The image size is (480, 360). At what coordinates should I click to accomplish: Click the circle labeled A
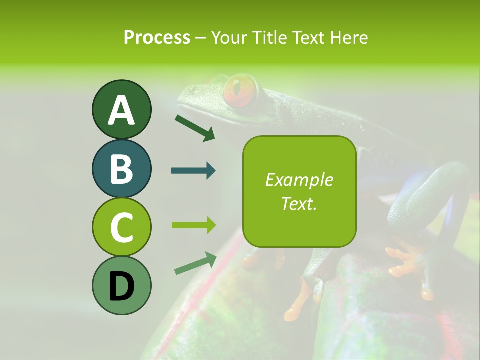coord(121,109)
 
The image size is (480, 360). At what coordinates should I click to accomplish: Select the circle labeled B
coord(121,168)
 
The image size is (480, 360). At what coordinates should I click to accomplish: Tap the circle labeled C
coord(121,227)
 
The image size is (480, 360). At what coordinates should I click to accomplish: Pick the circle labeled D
coord(121,285)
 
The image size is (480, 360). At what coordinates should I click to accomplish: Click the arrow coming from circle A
coord(195,127)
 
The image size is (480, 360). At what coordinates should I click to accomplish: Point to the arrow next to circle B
coord(193,171)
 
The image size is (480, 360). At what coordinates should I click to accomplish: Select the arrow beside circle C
coord(193,225)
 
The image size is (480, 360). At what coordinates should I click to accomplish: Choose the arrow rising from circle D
coord(195,263)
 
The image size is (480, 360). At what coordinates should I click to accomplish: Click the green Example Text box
coord(299,191)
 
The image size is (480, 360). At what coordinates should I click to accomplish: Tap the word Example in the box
coord(299,180)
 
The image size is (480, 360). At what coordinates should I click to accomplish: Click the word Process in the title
coord(157,37)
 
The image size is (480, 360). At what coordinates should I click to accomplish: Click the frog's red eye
coord(240,90)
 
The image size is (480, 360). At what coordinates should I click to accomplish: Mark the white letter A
coord(121,110)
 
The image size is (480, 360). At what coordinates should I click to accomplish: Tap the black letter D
coord(121,286)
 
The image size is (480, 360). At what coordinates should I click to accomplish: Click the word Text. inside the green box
coord(299,203)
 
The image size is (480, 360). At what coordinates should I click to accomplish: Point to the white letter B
coord(121,169)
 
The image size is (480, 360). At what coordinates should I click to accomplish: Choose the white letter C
coord(121,228)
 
